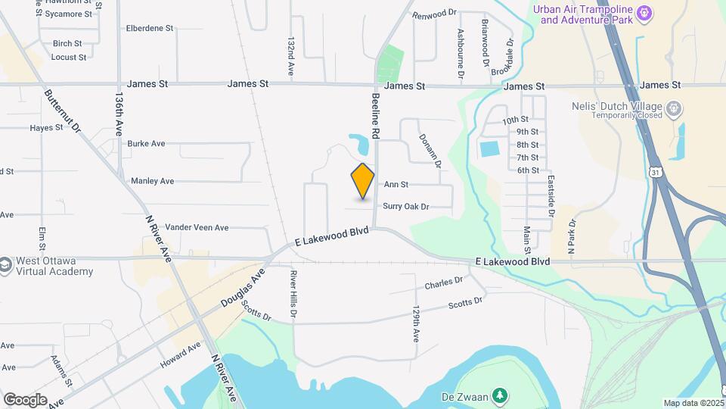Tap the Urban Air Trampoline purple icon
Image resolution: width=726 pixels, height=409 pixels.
644,13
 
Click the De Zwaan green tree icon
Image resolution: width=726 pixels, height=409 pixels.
499,395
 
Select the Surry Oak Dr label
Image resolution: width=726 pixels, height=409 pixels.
406,206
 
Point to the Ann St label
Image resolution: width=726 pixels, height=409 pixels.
396,184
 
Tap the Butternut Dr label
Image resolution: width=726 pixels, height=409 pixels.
62,111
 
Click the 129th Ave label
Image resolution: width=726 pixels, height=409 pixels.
415,324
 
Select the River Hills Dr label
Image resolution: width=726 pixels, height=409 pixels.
292,295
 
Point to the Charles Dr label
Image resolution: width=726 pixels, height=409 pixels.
443,284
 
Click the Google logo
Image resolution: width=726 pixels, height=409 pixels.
25,399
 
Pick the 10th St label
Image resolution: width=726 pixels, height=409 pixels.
515,120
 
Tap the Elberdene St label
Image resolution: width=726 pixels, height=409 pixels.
150,28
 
